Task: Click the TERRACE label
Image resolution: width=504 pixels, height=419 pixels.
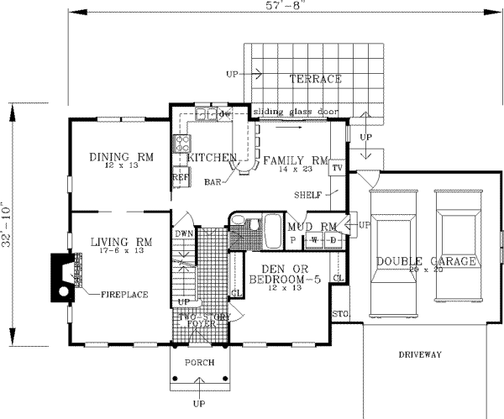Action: click(315, 80)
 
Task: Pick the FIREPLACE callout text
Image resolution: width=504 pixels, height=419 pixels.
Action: click(125, 295)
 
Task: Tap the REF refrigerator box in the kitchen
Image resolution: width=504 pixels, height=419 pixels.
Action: click(180, 178)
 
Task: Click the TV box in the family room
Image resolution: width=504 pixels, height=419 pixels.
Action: click(336, 168)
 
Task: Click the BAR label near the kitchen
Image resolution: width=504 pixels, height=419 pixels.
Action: click(213, 181)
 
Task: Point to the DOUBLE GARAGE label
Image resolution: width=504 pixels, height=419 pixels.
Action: click(427, 261)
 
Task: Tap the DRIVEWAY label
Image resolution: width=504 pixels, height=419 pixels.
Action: click(419, 355)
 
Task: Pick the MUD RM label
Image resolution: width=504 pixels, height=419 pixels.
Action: click(312, 227)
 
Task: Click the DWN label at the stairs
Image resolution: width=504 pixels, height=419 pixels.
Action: click(184, 234)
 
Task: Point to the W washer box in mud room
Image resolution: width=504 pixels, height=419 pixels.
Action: click(315, 239)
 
